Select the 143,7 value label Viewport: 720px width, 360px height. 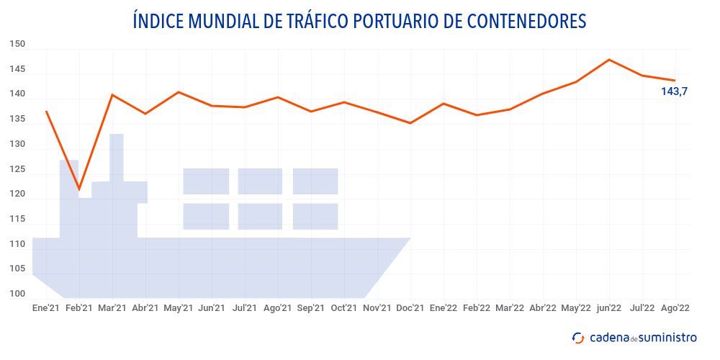675,91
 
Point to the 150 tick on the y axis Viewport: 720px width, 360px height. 17,45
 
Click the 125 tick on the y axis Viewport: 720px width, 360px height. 17,170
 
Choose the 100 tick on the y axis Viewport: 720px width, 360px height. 17,294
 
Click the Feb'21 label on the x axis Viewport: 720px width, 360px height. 79,308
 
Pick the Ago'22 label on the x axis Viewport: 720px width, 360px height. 675,308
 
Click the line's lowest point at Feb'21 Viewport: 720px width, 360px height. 79,189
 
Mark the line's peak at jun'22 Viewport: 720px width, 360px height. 609,59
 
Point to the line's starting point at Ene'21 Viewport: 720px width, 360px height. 46,112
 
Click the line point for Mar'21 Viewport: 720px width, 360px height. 112,94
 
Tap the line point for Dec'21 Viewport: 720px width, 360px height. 410,123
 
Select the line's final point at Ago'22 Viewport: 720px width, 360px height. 675,81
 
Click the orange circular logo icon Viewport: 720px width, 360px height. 578,338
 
